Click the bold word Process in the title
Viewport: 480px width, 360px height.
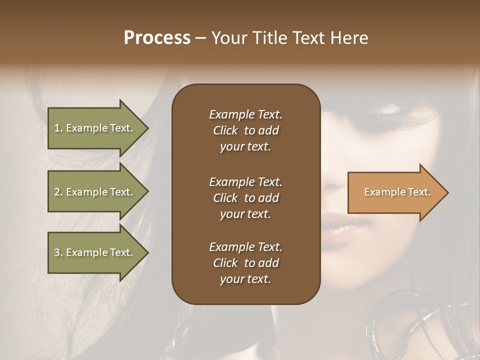(157, 38)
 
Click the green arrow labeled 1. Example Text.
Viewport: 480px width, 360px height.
(95, 128)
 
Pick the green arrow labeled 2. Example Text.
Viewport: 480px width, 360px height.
(95, 192)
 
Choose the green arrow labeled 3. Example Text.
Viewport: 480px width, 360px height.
(95, 252)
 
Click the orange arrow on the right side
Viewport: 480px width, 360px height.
(395, 192)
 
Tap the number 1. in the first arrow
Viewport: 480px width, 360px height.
(58, 128)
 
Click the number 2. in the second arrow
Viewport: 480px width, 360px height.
(58, 192)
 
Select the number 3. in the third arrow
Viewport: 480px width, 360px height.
(58, 252)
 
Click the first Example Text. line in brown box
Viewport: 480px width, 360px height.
(245, 114)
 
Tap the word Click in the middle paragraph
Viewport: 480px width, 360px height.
(225, 198)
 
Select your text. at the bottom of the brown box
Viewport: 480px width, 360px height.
(245, 279)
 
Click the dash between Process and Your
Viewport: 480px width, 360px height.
(200, 38)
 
